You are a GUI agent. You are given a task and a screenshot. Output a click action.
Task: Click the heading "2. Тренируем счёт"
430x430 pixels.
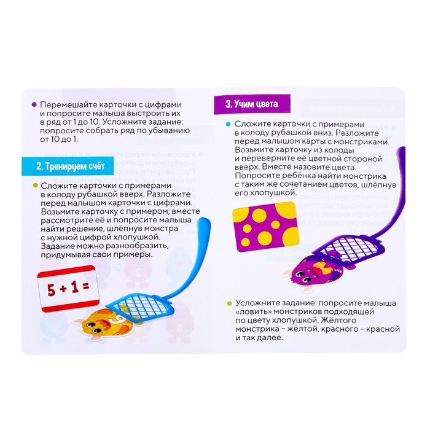tap(71, 166)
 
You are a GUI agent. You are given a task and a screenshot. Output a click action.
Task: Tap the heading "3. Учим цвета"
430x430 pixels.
tap(252, 104)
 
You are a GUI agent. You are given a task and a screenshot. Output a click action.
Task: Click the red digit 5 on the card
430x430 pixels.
tap(51, 291)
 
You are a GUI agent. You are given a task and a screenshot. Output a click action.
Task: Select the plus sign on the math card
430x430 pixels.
tap(64, 289)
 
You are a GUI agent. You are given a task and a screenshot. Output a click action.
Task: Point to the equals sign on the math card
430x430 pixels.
tap(85, 287)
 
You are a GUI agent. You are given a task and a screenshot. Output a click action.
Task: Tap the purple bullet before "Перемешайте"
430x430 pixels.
tap(34, 104)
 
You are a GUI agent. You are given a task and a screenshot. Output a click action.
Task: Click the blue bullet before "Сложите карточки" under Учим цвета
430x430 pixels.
tap(228, 124)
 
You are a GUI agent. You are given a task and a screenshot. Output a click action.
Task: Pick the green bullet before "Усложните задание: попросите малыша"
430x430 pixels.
tap(230, 303)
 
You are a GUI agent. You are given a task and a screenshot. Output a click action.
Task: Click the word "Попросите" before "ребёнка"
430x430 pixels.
tap(256, 176)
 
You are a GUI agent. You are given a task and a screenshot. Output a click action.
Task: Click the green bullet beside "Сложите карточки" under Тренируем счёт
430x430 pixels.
tap(35, 186)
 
